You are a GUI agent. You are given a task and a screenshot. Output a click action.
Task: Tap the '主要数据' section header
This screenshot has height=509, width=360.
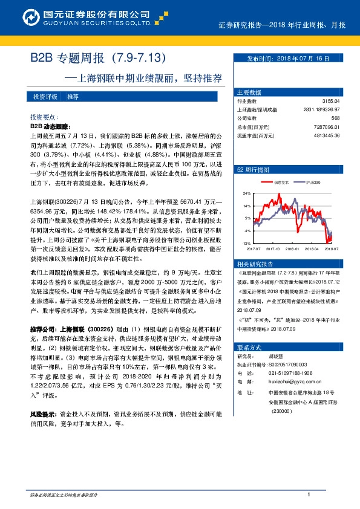point(249,92)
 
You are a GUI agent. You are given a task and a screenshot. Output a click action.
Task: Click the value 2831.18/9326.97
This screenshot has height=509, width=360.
point(321,110)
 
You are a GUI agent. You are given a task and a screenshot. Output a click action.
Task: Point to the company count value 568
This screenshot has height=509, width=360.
point(335,118)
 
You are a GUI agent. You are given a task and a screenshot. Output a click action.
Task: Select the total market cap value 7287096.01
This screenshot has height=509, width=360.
point(327,127)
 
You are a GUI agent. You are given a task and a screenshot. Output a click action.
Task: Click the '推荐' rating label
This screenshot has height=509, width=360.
point(73,97)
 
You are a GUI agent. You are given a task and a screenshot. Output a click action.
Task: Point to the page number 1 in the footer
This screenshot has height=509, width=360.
point(309,495)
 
